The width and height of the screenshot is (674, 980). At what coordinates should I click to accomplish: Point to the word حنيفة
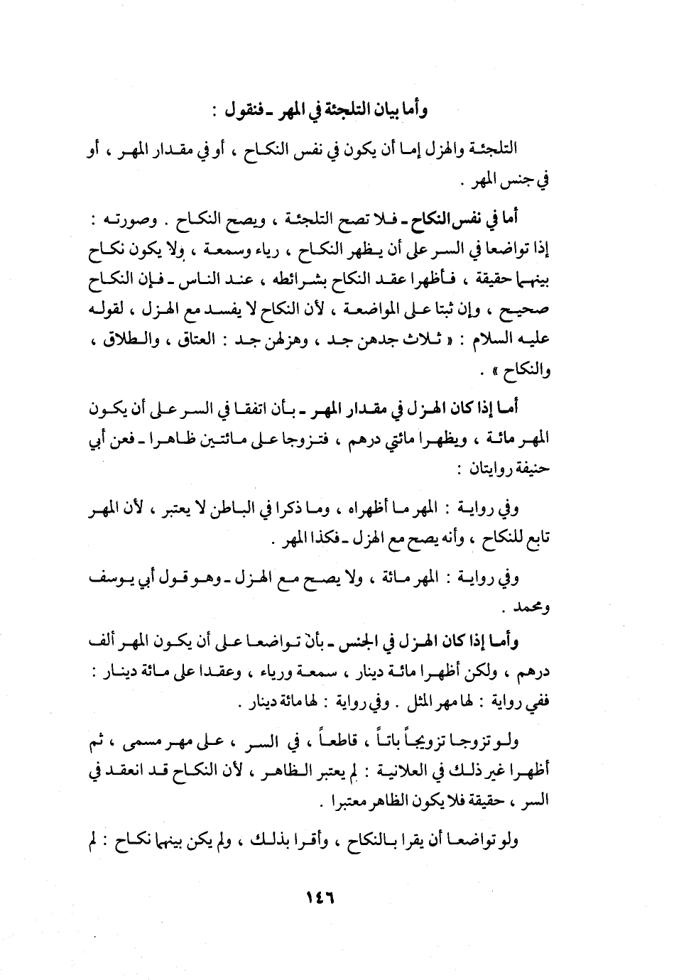pyautogui.click(x=529, y=469)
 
